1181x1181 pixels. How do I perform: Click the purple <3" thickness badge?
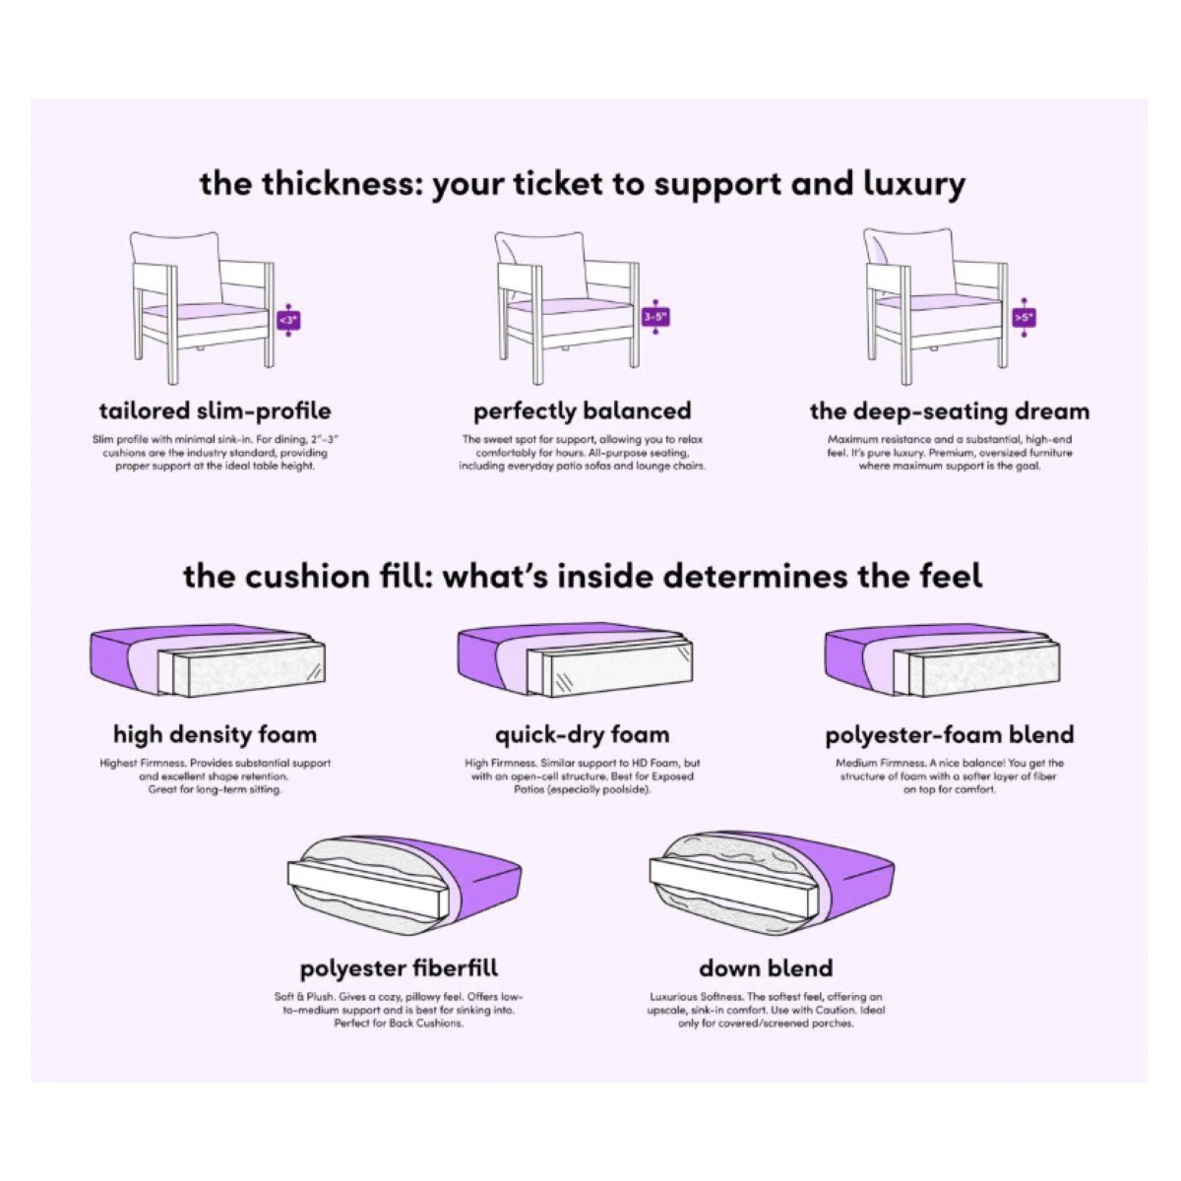click(x=288, y=319)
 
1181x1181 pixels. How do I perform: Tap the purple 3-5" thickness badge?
click(x=655, y=317)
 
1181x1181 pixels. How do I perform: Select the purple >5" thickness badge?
click(x=1025, y=318)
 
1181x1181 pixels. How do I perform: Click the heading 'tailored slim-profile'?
click(x=216, y=410)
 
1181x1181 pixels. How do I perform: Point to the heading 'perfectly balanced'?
click(x=583, y=410)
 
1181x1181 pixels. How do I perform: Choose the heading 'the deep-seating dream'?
click(x=950, y=411)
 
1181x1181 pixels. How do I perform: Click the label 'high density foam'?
click(x=216, y=734)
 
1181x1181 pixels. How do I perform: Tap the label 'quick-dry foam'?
click(x=583, y=734)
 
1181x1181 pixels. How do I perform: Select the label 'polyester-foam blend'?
click(x=950, y=734)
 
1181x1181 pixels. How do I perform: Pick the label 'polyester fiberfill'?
click(x=399, y=967)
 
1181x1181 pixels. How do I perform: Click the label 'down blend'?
click(x=766, y=967)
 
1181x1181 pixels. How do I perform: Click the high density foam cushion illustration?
click(x=208, y=662)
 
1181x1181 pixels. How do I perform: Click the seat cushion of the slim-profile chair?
click(x=206, y=311)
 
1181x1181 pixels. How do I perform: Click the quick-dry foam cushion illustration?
click(x=575, y=662)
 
